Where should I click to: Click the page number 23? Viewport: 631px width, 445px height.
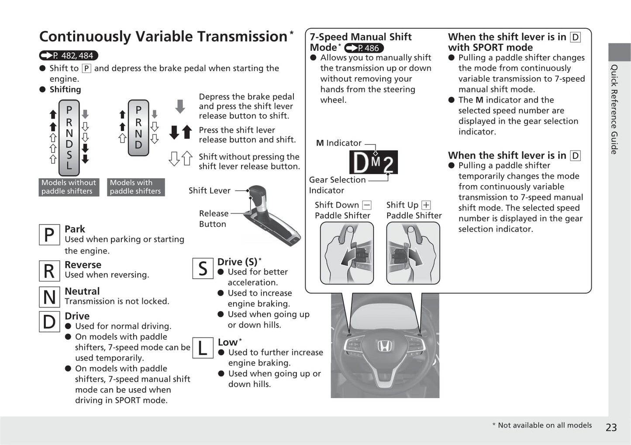611,427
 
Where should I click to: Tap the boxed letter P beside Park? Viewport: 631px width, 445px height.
49,235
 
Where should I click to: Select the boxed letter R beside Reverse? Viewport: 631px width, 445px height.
49,271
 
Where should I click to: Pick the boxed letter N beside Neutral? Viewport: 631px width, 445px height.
49,297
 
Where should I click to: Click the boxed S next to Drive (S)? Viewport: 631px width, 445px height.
203,268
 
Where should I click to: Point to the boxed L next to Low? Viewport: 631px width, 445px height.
203,348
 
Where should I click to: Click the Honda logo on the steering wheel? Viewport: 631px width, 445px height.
384,346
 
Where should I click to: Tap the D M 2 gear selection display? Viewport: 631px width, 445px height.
373,162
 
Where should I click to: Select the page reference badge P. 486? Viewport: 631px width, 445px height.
364,48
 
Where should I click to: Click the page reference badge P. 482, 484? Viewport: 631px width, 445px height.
69,55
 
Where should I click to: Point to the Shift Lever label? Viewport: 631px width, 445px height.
210,190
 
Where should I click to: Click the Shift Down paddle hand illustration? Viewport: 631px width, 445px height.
347,253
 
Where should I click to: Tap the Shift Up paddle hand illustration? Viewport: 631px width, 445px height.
413,253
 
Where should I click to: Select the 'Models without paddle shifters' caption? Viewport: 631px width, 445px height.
69,187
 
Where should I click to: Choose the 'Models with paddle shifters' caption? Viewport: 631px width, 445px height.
136,187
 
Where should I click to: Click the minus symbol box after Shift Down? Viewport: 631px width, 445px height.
367,205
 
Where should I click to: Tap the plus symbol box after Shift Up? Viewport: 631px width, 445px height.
426,205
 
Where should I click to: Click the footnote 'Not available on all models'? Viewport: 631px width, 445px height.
545,425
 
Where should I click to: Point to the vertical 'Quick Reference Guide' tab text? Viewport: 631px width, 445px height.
614,109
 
